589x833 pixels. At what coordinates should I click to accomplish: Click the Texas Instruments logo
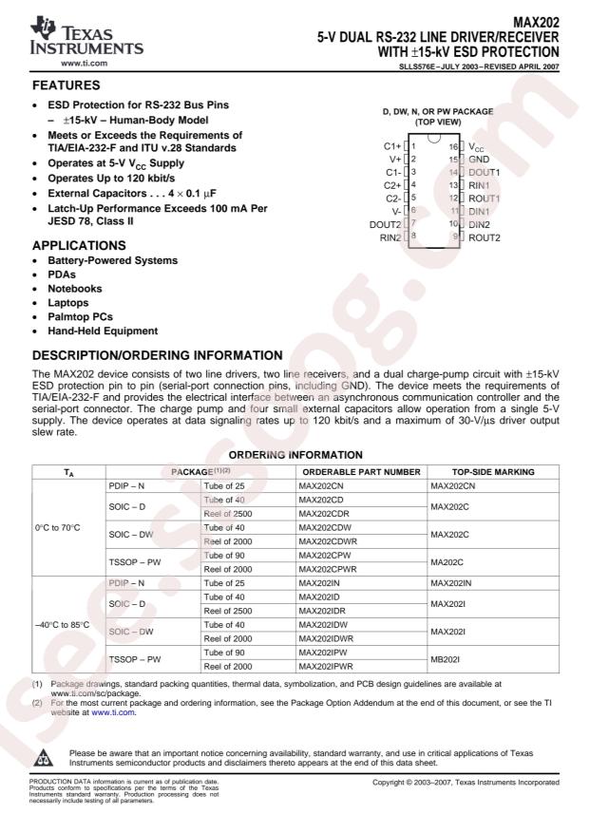(x=80, y=34)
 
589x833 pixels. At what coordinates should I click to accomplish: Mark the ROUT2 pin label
(x=484, y=236)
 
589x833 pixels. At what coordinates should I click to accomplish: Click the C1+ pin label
(x=392, y=146)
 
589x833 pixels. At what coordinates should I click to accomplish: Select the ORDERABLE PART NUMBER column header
(x=359, y=471)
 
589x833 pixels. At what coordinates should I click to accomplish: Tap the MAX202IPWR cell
(x=328, y=667)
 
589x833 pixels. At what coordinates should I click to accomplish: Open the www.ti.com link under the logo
(x=82, y=63)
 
